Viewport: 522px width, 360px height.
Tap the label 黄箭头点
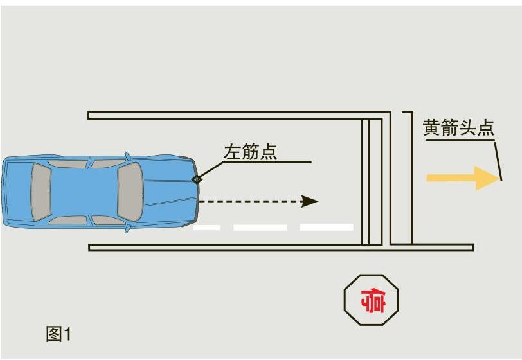tap(458, 127)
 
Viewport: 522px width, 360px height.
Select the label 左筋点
tap(250, 152)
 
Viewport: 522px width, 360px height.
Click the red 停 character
tap(372, 300)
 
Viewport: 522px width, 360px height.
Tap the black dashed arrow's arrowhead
tap(310, 201)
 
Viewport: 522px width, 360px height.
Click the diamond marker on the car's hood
tap(197, 179)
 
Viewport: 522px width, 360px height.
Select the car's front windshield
tap(130, 192)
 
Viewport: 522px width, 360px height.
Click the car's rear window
tap(40, 192)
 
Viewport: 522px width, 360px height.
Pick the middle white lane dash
tap(260, 227)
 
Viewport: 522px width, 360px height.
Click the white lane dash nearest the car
tap(207, 227)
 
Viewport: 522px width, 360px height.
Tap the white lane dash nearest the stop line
tap(326, 227)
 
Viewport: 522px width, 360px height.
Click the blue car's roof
tap(84, 192)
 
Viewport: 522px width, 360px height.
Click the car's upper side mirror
tap(127, 156)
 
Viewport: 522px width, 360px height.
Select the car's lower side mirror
tap(127, 228)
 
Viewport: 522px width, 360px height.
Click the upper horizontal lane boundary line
tap(238, 115)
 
